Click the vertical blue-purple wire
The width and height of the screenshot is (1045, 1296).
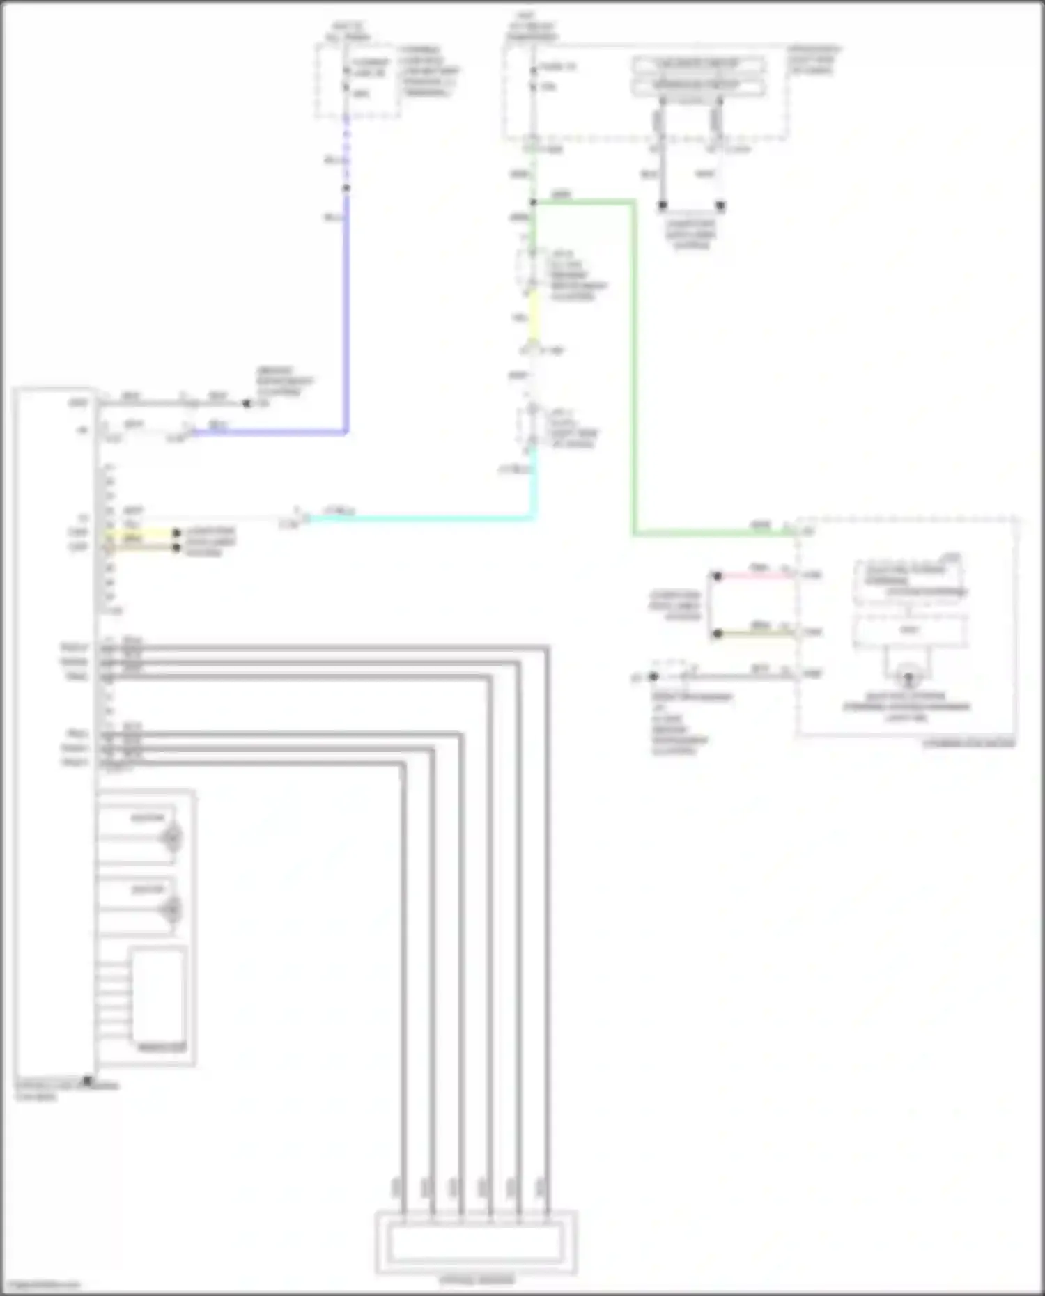346,313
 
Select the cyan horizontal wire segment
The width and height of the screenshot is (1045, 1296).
418,518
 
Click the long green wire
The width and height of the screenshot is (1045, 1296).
634,369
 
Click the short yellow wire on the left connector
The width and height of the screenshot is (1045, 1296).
139,533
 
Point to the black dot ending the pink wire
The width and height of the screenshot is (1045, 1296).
717,576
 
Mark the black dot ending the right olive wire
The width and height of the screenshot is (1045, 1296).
717,634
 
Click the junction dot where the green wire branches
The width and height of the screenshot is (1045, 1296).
533,203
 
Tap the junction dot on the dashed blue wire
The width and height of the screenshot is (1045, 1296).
346,188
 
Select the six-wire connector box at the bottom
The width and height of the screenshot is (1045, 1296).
476,1244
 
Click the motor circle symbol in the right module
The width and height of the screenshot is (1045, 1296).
908,676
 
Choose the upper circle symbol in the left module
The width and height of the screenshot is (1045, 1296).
171,837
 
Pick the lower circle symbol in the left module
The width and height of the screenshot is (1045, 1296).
171,909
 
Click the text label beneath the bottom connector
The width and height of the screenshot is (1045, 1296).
477,1280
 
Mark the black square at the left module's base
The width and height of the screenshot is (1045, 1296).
88,1081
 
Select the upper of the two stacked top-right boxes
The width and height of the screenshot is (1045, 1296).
698,65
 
